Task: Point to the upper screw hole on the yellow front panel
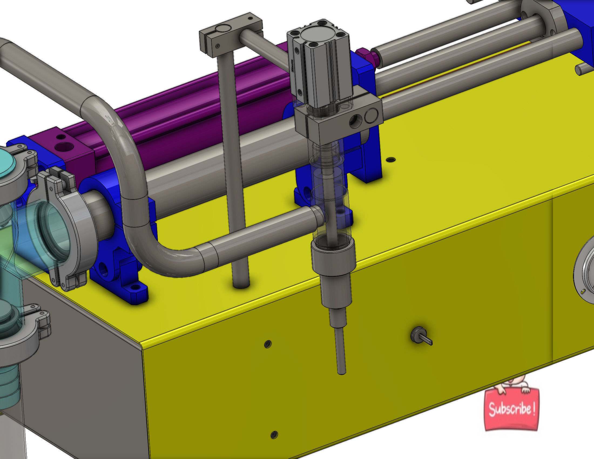click(268, 344)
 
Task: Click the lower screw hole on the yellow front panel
click(274, 435)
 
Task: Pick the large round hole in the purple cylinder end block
click(64, 147)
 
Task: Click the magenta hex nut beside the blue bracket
click(367, 56)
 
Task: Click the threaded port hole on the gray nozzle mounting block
click(356, 120)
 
